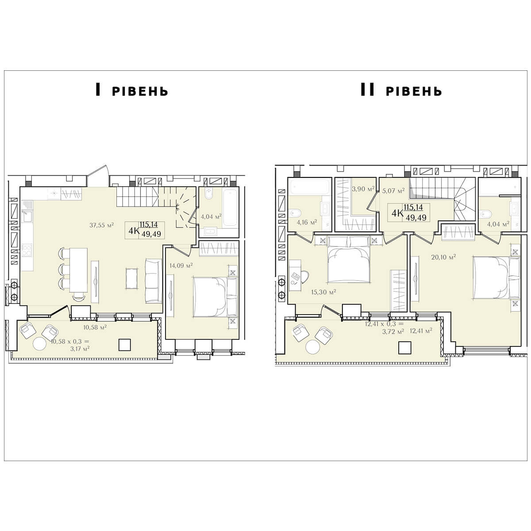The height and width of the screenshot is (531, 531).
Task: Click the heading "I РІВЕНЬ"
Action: point(131,90)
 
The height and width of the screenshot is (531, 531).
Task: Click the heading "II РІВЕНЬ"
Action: point(401,90)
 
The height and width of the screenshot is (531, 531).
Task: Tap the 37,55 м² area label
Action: point(102,225)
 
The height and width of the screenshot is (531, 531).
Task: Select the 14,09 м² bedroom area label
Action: point(181,265)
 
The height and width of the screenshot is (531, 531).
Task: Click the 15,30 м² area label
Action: point(323,292)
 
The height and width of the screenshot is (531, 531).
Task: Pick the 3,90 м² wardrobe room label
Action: point(363,189)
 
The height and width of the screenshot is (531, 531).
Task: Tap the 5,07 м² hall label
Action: point(393,191)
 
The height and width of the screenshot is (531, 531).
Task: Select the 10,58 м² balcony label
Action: point(95,327)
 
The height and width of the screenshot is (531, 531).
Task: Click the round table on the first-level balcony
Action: point(40,344)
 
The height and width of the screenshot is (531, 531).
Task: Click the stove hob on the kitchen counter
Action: point(27,250)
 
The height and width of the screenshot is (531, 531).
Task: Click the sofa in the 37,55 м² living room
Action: point(154,281)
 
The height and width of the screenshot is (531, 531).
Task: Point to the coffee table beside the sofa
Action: point(132,279)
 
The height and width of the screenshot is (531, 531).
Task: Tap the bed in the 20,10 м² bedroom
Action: point(496,277)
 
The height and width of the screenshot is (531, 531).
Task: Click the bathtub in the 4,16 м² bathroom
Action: point(309,187)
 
